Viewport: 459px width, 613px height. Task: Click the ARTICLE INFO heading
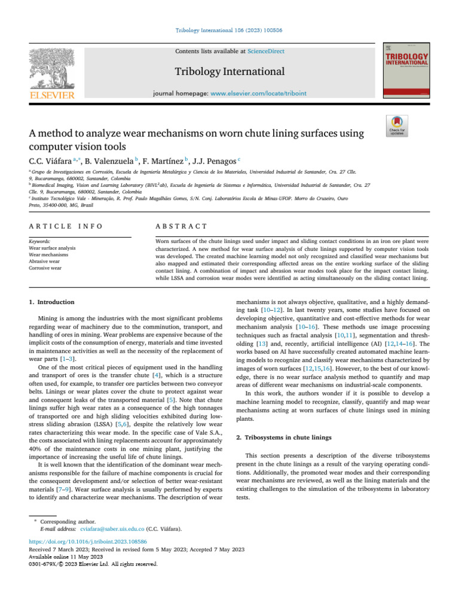tap(65, 226)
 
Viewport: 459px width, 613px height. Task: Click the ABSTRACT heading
tap(180, 226)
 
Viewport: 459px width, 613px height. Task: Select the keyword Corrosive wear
tap(45, 268)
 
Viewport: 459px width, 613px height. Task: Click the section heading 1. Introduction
tap(52, 302)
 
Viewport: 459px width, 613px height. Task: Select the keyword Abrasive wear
tap(44, 261)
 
